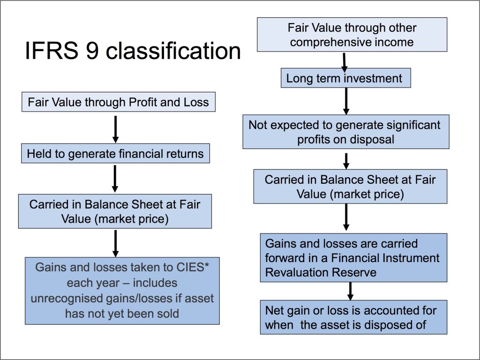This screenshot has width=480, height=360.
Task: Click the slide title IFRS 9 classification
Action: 133,51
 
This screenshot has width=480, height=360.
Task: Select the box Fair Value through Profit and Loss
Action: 119,102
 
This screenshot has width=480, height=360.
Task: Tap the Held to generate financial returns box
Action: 115,153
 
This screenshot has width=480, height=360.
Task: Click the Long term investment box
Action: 346,78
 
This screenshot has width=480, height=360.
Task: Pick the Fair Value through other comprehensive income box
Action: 352,35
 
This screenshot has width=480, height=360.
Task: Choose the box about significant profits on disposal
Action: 346,132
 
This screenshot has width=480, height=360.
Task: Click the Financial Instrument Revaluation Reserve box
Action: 353,258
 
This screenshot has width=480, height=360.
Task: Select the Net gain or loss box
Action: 353,317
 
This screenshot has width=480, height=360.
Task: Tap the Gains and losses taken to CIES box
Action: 122,291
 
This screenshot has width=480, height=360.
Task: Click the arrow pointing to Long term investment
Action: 345,62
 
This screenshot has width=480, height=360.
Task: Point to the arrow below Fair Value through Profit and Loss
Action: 115,129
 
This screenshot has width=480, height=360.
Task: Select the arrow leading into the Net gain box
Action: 351,291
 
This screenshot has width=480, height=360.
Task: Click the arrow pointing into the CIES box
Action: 115,244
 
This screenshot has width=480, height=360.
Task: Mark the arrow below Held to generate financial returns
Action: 115,179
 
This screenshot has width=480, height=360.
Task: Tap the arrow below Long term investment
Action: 346,101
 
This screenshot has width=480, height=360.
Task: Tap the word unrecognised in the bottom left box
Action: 67,299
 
